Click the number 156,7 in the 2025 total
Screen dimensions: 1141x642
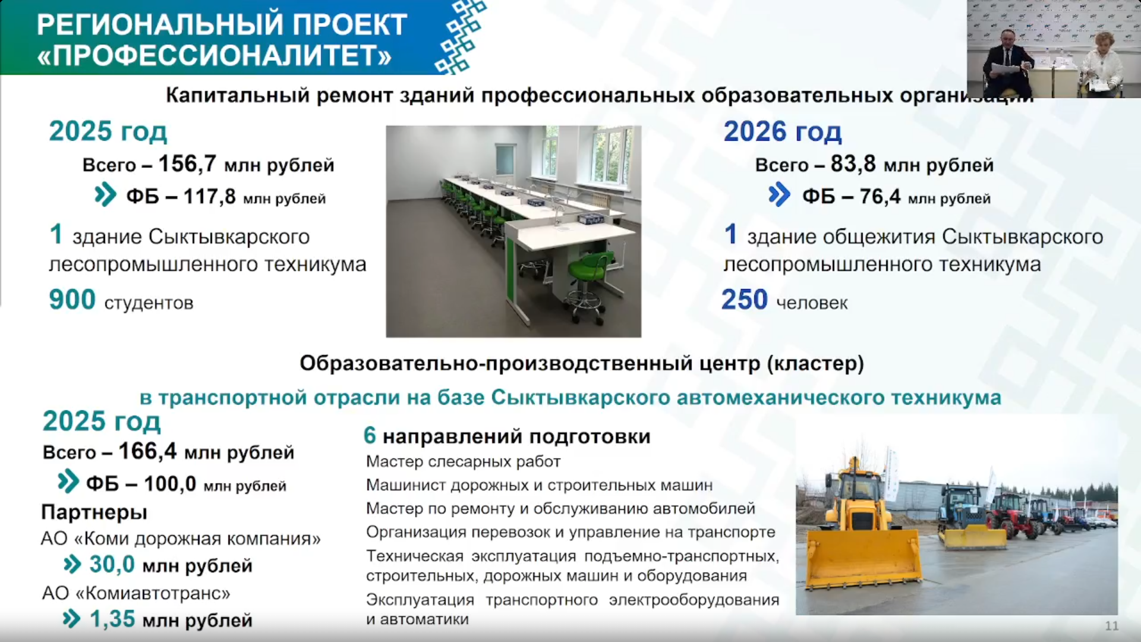click(x=187, y=163)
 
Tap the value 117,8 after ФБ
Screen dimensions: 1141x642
click(x=209, y=196)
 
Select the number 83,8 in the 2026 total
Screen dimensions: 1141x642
click(x=853, y=163)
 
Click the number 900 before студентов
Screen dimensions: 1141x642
click(x=72, y=300)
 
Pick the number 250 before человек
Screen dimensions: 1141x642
click(x=745, y=300)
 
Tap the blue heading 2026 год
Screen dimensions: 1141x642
click(x=783, y=131)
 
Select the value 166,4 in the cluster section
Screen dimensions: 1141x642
click(x=147, y=451)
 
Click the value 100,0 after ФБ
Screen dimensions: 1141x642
click(x=170, y=484)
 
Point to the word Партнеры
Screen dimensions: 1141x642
click(x=94, y=512)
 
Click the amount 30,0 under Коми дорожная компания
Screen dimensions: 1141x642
click(x=112, y=564)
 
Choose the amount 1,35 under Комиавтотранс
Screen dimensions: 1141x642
click(x=112, y=619)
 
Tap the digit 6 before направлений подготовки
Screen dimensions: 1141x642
click(x=370, y=436)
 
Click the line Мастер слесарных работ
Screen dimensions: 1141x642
click(x=463, y=461)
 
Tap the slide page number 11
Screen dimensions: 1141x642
click(x=1111, y=626)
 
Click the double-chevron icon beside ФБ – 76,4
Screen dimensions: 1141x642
click(x=779, y=195)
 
